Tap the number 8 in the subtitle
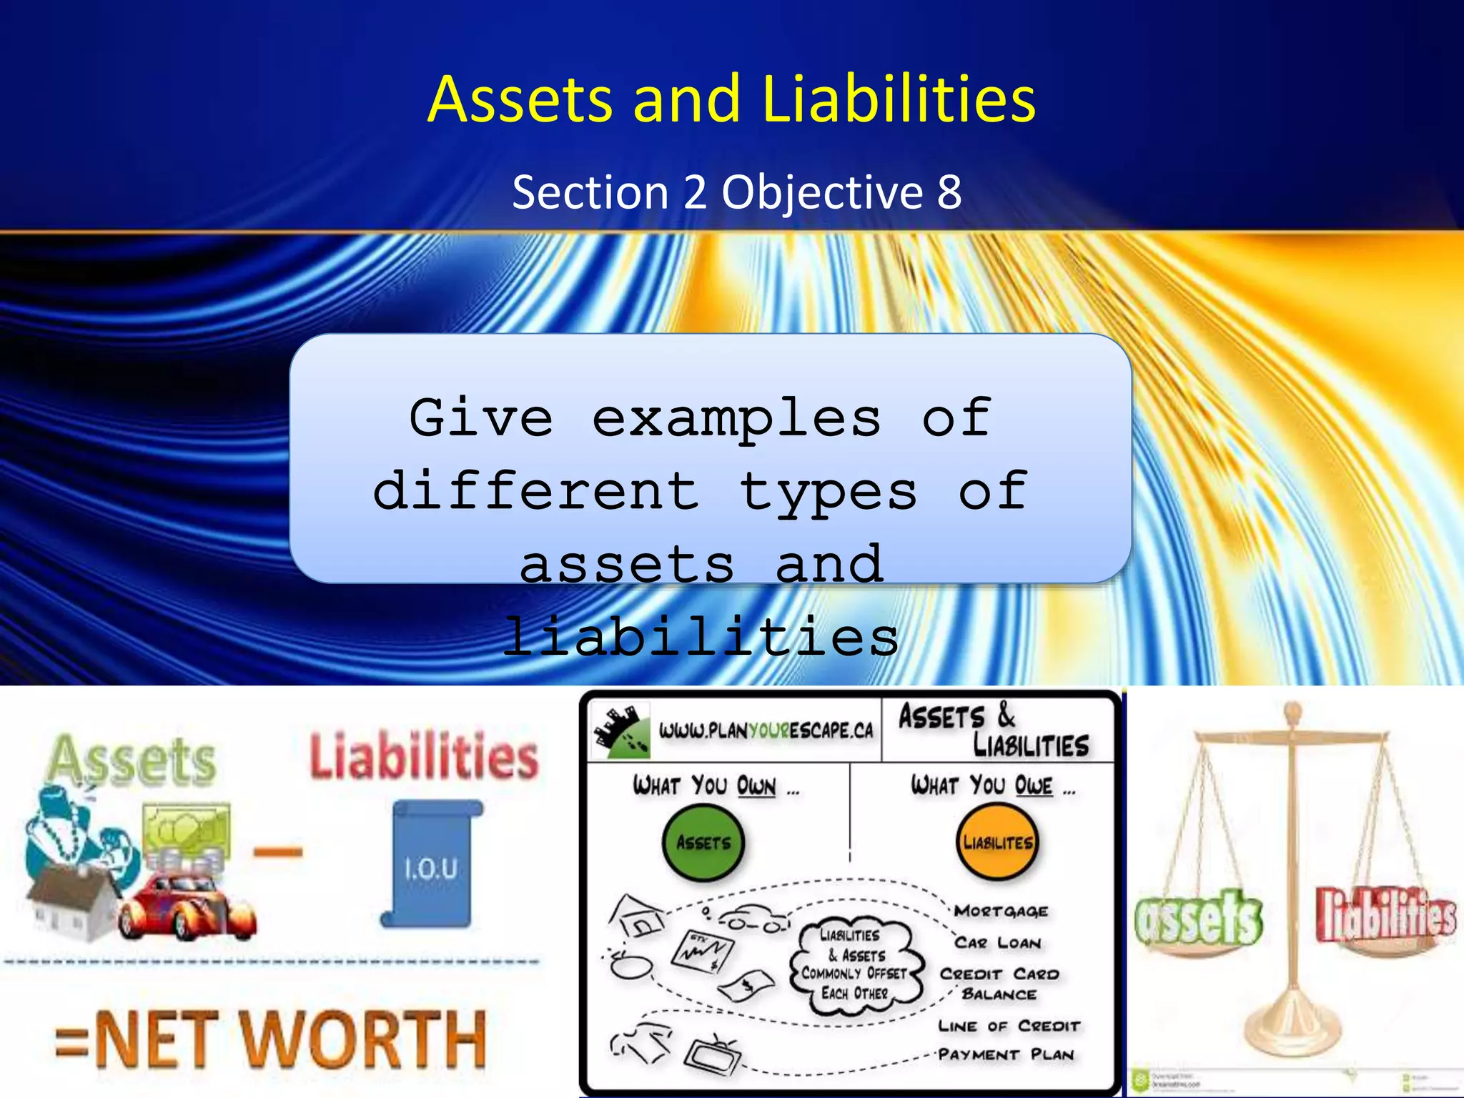[949, 192]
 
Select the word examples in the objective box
[736, 418]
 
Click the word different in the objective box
[536, 492]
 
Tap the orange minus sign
[277, 851]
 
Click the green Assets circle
[703, 843]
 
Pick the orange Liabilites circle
[997, 843]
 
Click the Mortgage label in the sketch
[1001, 911]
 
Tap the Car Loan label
[998, 943]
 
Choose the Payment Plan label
[1006, 1054]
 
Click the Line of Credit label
[1009, 1026]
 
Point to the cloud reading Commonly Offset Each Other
[855, 964]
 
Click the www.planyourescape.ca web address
[766, 731]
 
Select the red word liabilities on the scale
[1386, 915]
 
